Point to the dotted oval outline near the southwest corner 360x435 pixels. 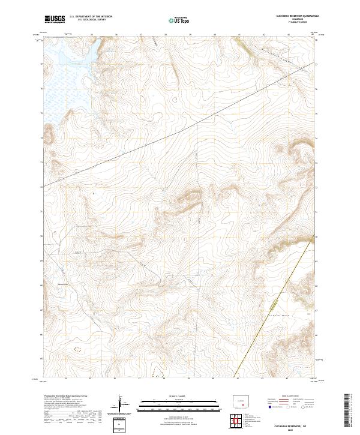coord(76,348)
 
